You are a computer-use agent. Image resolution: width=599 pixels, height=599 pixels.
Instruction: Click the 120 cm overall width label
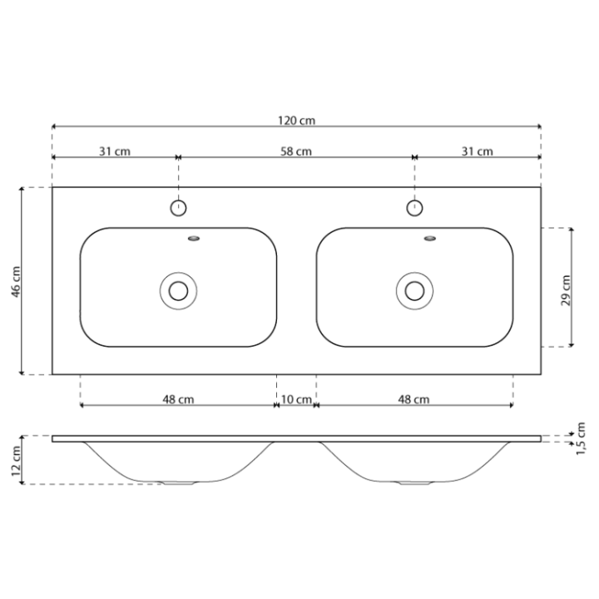pyautogui.click(x=296, y=121)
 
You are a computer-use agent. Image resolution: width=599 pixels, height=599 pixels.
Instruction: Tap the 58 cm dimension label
pyautogui.click(x=296, y=151)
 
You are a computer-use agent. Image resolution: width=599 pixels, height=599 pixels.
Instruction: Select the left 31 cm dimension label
pyautogui.click(x=115, y=151)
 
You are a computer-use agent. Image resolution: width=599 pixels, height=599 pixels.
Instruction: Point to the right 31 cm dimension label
pyautogui.click(x=478, y=151)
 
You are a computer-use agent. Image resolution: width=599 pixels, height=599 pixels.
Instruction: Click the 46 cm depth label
pyautogui.click(x=16, y=281)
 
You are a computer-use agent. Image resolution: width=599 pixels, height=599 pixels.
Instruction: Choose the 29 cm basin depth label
pyautogui.click(x=566, y=290)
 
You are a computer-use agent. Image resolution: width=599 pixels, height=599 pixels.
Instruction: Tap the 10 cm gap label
pyautogui.click(x=296, y=399)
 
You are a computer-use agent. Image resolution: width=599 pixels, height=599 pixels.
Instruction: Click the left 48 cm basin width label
pyautogui.click(x=178, y=399)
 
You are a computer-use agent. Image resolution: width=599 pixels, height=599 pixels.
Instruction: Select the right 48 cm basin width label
pyautogui.click(x=413, y=399)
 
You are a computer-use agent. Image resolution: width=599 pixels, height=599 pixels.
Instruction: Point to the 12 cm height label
pyautogui.click(x=16, y=461)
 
